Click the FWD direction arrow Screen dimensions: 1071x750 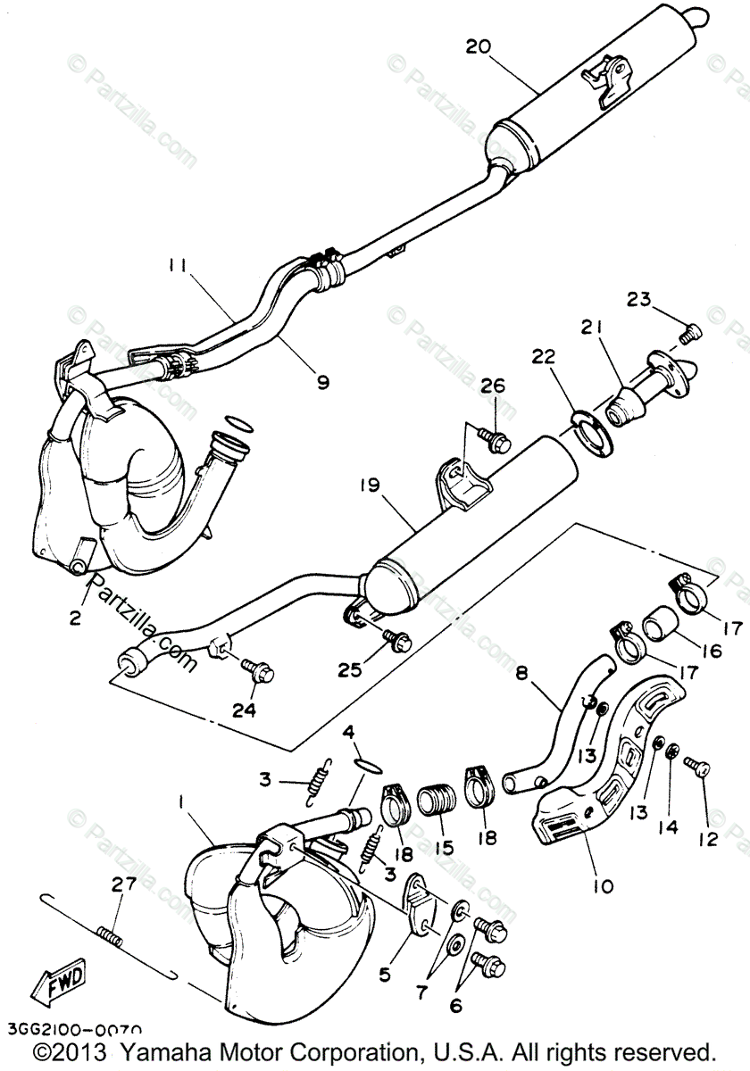57,982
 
